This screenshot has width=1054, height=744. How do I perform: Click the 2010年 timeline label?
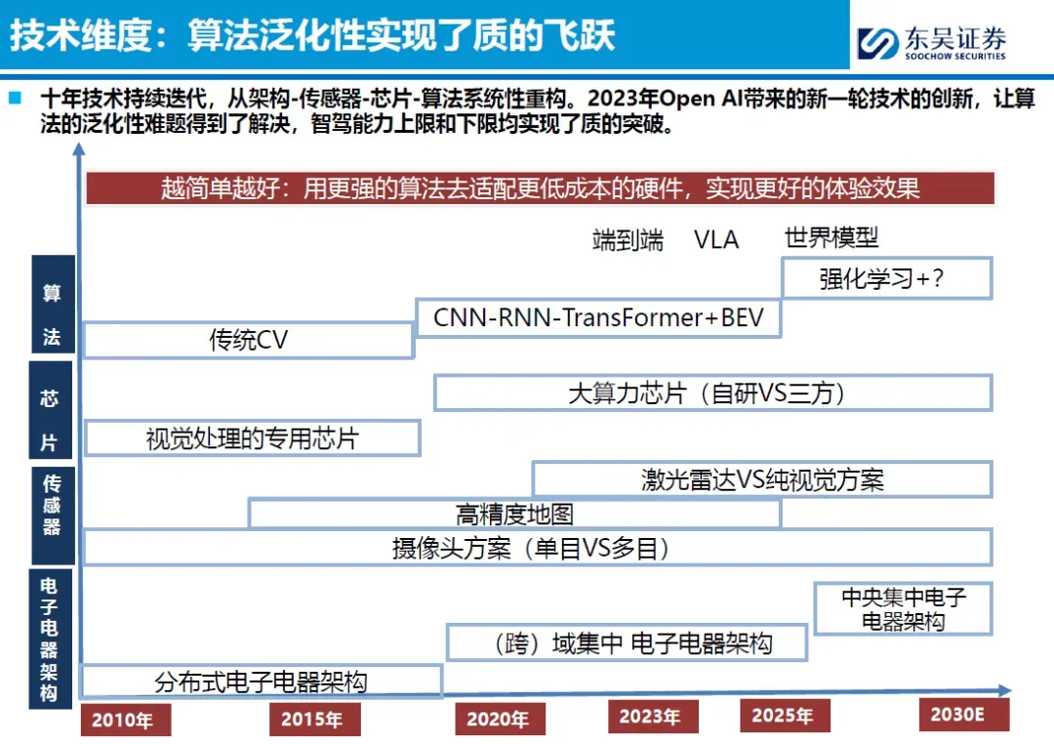coord(125,721)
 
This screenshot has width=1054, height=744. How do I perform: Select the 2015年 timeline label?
coord(314,720)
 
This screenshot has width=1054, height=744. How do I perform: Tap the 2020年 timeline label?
coord(500,720)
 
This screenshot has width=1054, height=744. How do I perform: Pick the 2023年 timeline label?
coord(651,717)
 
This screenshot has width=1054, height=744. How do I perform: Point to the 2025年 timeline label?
coord(783,716)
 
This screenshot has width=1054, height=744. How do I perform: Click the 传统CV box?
coord(249,340)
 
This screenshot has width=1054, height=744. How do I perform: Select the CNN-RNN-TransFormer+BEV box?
coord(598,318)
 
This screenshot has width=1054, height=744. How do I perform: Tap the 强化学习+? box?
coord(886,278)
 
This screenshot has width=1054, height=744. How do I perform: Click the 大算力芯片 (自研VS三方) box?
coord(712,393)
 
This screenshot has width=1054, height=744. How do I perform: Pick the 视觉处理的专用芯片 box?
coord(252,437)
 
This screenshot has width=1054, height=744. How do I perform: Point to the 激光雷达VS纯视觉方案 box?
coord(762,479)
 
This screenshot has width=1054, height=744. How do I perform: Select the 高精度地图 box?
coord(514,514)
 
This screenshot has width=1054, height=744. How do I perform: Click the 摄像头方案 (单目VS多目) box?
coord(537,549)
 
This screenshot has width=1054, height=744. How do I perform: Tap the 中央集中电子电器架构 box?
coord(903,607)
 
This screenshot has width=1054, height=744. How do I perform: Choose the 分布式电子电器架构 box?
coord(262,681)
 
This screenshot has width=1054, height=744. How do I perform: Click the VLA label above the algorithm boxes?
coord(716,239)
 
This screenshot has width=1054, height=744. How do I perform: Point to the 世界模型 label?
coord(831,237)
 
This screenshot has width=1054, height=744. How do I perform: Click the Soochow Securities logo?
coord(930,41)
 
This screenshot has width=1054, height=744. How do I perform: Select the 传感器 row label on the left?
coord(52,504)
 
